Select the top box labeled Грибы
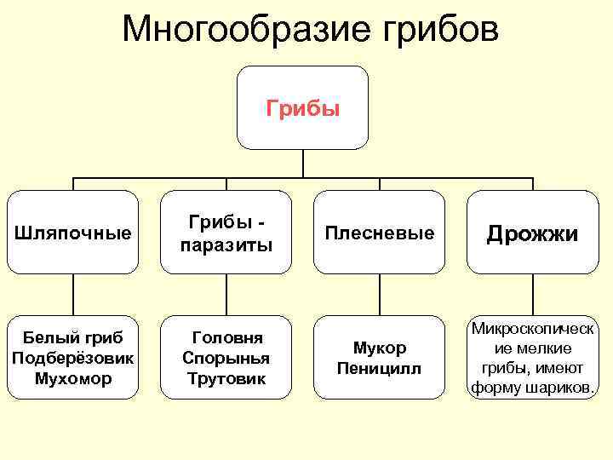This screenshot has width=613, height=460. (x=303, y=108)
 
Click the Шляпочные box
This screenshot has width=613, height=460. (x=73, y=232)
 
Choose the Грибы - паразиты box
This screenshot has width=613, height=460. (x=226, y=232)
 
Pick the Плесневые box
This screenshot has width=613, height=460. (x=380, y=232)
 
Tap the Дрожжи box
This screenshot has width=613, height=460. (x=533, y=232)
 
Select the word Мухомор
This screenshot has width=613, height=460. (x=73, y=377)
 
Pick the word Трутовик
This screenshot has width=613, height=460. (x=226, y=377)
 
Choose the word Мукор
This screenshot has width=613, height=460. (x=380, y=348)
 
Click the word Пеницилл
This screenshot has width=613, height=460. (x=380, y=368)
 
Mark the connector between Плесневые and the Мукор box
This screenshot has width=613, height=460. (x=380, y=295)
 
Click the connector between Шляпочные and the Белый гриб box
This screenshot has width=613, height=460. (x=73, y=295)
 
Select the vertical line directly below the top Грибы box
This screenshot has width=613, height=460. (x=303, y=164)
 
